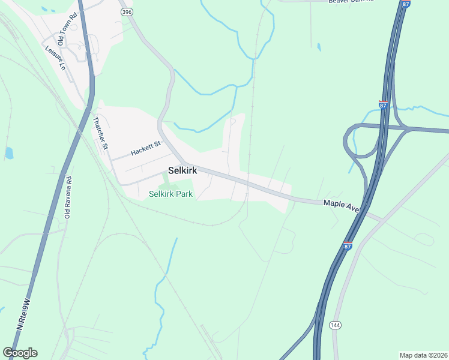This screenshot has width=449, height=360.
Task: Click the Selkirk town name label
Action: coord(182,170)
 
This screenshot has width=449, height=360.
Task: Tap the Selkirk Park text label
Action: coord(170,194)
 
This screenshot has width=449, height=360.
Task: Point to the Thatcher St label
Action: coord(100,133)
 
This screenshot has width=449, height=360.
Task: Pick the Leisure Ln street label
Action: coord(55,58)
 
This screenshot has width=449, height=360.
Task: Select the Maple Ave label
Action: coord(341,206)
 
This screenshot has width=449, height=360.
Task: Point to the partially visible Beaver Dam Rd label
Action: coord(351,2)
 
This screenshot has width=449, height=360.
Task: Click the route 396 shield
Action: coord(125,11)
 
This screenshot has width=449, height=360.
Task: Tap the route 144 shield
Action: coord(335,325)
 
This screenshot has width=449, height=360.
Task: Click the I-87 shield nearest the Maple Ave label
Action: coord(348,245)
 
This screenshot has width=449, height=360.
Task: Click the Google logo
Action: coord(20,353)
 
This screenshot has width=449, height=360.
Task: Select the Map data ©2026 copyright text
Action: coord(423,355)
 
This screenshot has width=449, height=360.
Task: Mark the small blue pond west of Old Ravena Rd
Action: coord(9,153)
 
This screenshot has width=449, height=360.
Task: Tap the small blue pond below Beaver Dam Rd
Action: coord(318,46)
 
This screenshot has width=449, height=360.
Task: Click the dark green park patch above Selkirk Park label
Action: coord(166,178)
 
